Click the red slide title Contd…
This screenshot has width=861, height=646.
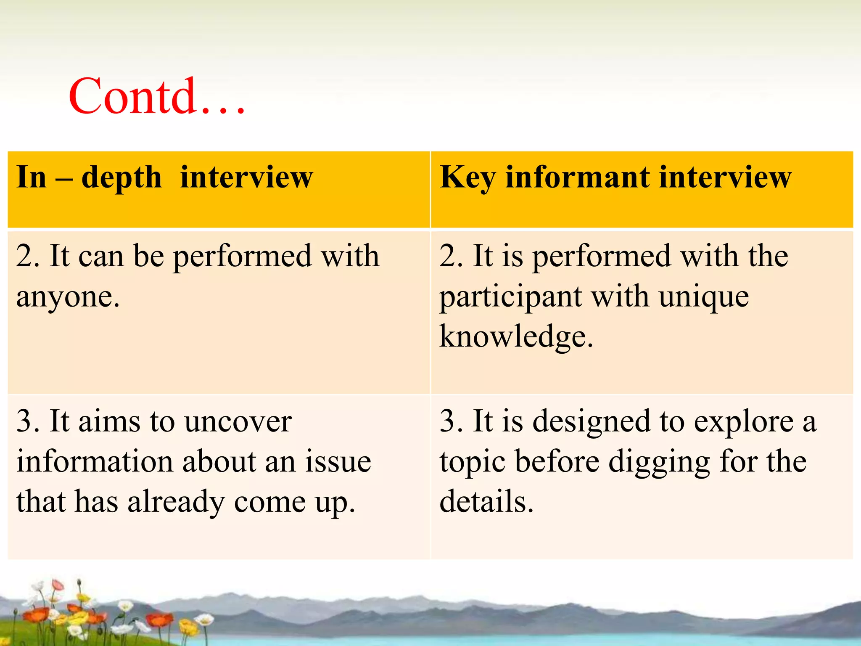tap(156, 97)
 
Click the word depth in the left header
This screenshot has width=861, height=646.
tap(121, 177)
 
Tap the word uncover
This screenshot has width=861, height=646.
tap(238, 421)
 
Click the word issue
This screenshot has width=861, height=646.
tap(338, 461)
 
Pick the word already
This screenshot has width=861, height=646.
tap(176, 502)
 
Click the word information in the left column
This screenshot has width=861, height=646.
tap(94, 461)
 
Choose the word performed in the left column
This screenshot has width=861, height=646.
tap(242, 257)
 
